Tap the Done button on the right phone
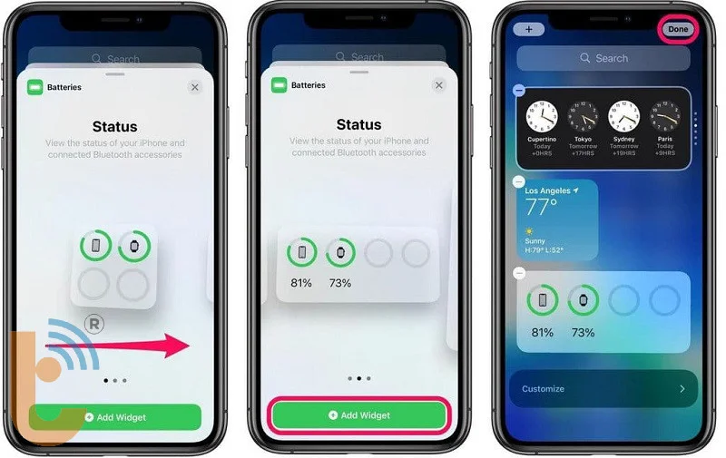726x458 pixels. tap(678, 29)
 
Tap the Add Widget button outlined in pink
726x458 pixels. tap(358, 414)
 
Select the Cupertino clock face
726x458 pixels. tap(542, 117)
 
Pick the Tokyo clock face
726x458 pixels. tap(583, 117)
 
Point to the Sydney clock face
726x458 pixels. tap(623, 117)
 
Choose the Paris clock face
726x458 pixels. tap(665, 117)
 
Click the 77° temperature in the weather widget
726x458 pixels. tap(542, 208)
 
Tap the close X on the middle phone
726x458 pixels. tap(439, 85)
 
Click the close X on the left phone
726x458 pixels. tap(194, 87)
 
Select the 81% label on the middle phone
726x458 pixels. tap(301, 283)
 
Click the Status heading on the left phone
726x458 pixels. tap(115, 126)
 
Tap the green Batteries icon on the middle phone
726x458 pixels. tap(280, 86)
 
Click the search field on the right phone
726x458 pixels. tap(603, 58)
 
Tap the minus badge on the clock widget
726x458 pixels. tap(518, 90)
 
